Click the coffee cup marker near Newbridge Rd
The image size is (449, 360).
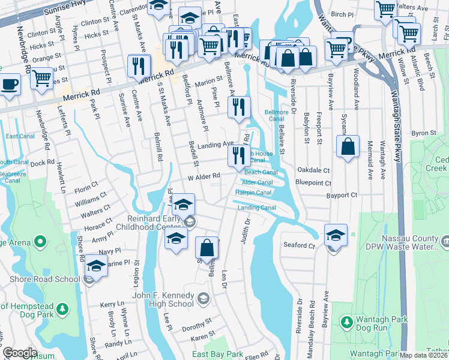tap(10, 84)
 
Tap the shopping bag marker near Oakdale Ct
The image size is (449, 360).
tap(348, 146)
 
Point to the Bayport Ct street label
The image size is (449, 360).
tap(342, 196)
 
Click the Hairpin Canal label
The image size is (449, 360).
tap(253, 193)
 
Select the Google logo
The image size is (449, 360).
tap(20, 353)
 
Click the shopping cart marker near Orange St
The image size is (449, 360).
tap(41, 77)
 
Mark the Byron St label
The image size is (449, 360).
tap(423, 133)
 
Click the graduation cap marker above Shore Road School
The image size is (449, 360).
tap(96, 265)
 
